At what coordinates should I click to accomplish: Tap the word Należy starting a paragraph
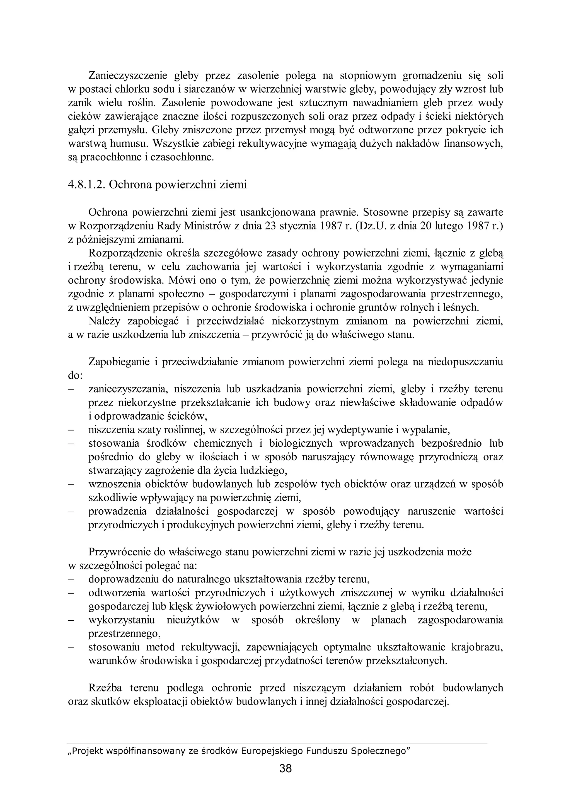(x=105, y=321)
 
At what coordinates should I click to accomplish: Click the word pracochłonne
(x=111, y=157)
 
